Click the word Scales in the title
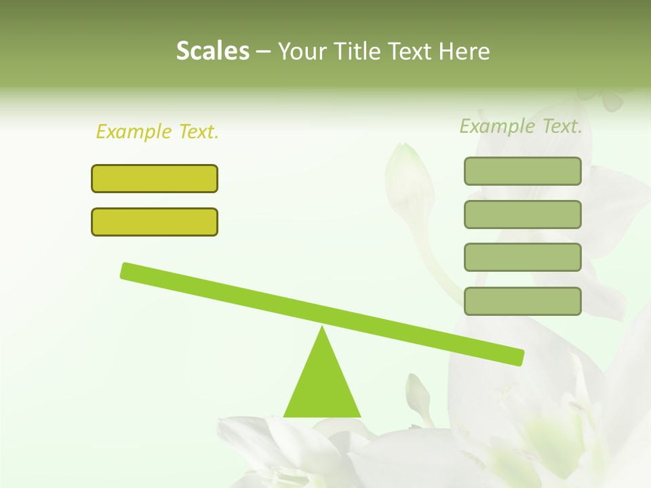pos(212,51)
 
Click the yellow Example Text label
pos(157,131)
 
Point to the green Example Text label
pos(521,126)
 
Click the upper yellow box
pos(155,178)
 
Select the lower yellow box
pos(155,222)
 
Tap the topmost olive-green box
pos(522,171)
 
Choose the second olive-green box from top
pos(522,214)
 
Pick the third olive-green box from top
pos(522,258)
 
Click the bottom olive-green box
pos(522,301)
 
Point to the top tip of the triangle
pos(322,329)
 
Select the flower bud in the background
pos(408,173)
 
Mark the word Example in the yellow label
pos(134,131)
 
